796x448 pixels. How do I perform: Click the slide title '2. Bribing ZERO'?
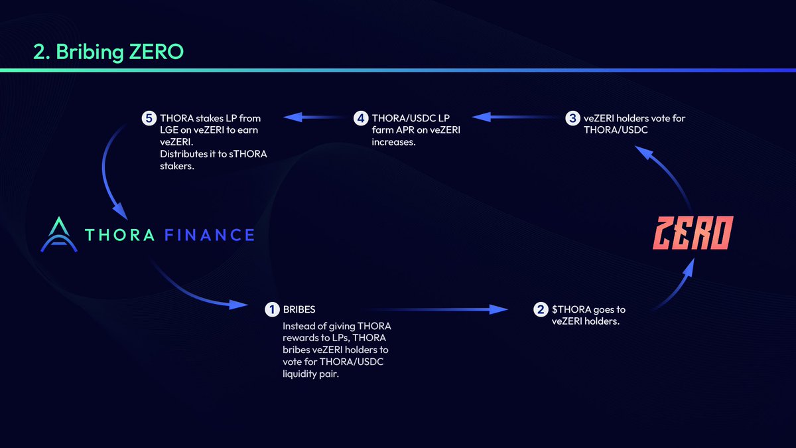(x=108, y=52)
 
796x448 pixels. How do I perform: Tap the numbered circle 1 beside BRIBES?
(x=271, y=309)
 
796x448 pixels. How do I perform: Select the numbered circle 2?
(x=541, y=309)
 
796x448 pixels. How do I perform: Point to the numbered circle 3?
(x=572, y=119)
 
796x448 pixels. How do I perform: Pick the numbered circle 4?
(x=361, y=119)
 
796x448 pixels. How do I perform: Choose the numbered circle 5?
(x=149, y=119)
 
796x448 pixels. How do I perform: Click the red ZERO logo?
(x=693, y=234)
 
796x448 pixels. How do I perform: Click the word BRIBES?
(x=299, y=309)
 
